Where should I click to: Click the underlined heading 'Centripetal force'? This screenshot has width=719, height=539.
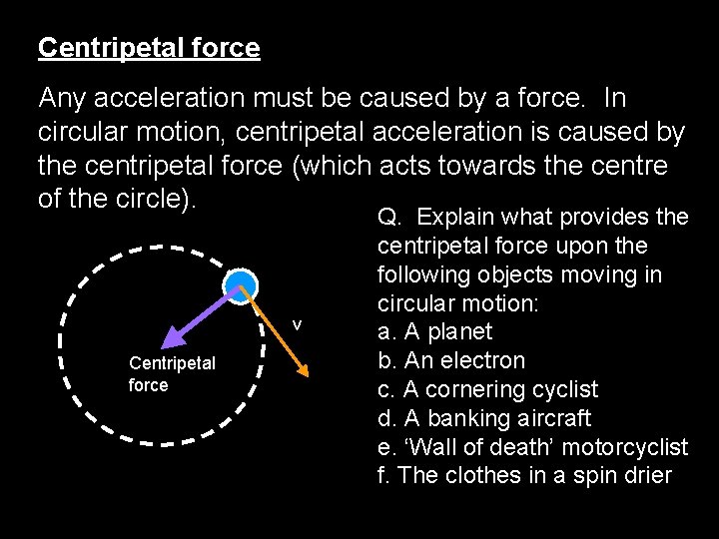pyautogui.click(x=149, y=48)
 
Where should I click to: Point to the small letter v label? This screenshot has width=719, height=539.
pyautogui.click(x=297, y=324)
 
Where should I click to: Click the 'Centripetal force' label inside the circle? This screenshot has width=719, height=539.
pyautogui.click(x=172, y=374)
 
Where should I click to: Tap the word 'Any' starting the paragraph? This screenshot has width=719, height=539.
pyautogui.click(x=63, y=99)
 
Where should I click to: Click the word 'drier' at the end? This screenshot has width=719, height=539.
pyautogui.click(x=647, y=475)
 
